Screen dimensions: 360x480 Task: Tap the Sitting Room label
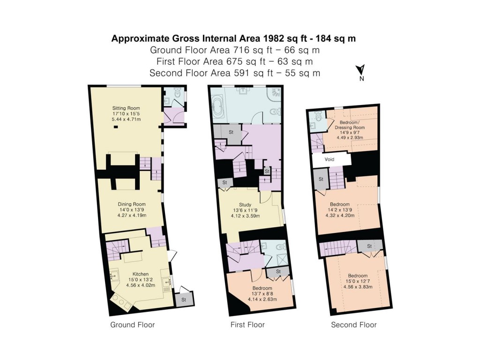coord(126,108)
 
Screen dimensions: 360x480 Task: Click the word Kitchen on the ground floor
coord(140,274)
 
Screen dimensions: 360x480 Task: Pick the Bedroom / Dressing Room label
coord(352,124)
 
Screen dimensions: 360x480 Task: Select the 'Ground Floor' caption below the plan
coord(132,325)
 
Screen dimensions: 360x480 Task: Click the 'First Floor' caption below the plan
coord(247,325)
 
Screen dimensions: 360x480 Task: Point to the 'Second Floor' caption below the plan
coord(354,325)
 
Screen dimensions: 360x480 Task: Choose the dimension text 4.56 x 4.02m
coord(140,285)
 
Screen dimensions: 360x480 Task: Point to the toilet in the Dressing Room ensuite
coord(318,117)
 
